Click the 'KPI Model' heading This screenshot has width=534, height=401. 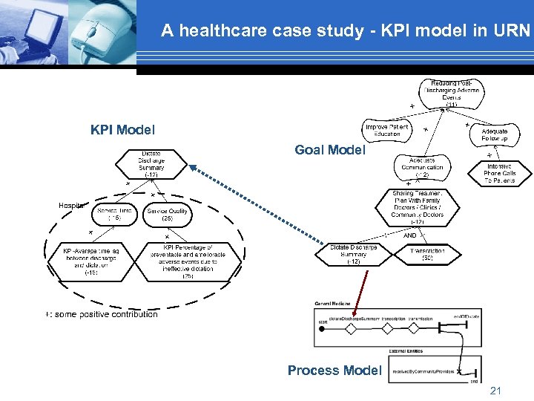122,130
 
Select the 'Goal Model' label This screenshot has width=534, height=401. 330,150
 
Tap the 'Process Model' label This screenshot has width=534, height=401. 334,370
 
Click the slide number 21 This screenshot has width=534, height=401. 495,390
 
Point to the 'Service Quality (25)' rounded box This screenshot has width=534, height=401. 168,215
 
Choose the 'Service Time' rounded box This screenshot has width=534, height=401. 114,215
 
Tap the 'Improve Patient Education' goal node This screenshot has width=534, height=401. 386,130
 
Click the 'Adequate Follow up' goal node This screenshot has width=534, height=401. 494,134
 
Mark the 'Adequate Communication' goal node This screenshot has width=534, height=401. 422,167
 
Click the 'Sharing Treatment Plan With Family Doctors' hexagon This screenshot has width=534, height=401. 417,207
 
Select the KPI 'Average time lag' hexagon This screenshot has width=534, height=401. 91,261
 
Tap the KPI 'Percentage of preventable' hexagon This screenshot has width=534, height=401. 188,261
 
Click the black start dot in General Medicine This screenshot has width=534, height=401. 322,327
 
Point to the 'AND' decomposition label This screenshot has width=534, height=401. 409,235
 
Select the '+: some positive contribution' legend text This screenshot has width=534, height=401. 102,314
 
